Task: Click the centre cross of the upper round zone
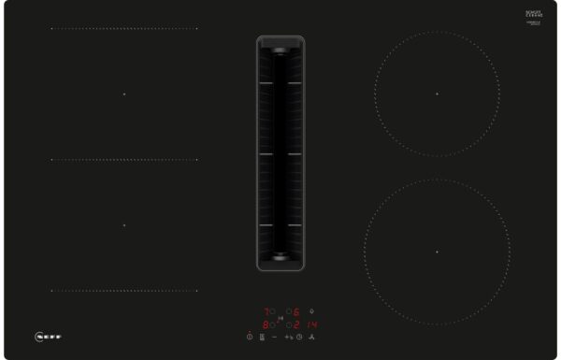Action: [x=437, y=94]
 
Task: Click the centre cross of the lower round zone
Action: [x=437, y=252]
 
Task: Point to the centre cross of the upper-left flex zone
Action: [x=123, y=94]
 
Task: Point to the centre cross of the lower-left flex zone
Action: [x=123, y=224]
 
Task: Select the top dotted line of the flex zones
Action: [x=123, y=28]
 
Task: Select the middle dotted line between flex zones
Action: [x=123, y=160]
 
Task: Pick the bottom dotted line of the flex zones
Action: [x=123, y=290]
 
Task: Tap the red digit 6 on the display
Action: [x=297, y=311]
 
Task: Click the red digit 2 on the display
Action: [x=297, y=324]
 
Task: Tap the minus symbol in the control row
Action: [x=275, y=337]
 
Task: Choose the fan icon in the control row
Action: [x=312, y=337]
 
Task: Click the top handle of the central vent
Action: [x=280, y=44]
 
